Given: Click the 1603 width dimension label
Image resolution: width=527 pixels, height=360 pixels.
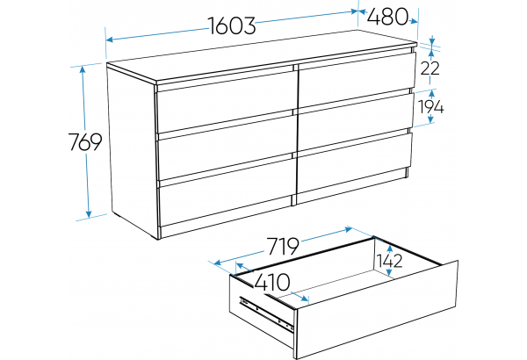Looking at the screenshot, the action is [232, 25].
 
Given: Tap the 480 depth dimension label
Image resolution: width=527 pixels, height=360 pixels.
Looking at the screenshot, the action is [387, 17].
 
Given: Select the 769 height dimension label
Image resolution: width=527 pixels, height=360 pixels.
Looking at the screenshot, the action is [84, 142].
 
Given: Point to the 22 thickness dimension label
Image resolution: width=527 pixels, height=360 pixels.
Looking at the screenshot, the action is [430, 68].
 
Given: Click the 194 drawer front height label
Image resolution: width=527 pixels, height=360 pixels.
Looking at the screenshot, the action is [431, 107].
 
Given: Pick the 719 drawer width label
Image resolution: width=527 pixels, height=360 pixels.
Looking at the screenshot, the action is [283, 246].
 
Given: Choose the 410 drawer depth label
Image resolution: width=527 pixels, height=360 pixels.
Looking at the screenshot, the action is [272, 283].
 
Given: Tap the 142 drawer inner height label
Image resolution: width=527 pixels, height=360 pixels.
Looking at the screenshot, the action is [389, 261].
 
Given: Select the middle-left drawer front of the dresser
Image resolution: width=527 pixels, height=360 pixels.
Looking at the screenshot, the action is [226, 147].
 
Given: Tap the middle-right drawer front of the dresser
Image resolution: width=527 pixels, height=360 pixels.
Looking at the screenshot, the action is [355, 121].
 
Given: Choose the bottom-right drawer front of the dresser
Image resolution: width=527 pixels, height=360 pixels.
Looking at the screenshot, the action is [354, 162].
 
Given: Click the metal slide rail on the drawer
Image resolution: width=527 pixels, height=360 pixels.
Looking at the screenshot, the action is [265, 313].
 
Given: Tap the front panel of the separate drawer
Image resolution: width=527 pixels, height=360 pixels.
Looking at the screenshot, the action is [377, 309].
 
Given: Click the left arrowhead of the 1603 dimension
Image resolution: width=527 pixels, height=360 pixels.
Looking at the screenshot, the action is [110, 40].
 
